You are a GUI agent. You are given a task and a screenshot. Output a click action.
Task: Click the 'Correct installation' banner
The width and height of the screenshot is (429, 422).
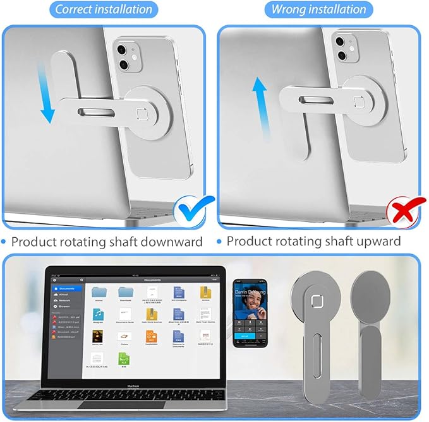pos(104,9)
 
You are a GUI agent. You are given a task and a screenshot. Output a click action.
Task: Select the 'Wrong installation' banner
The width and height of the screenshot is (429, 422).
pos(318,9)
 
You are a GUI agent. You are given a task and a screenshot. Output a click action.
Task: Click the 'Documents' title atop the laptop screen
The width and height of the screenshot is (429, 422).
pos(152,279)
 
